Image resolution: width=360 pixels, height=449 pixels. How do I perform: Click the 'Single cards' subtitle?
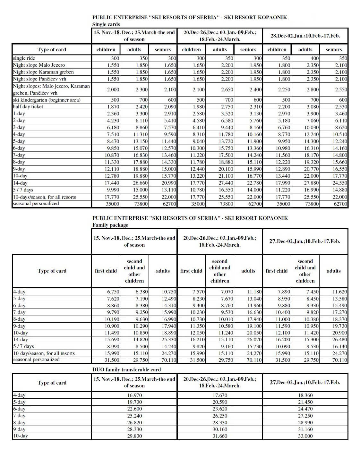(x=106, y=24)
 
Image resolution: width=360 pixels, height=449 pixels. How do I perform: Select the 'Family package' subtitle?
(x=110, y=225)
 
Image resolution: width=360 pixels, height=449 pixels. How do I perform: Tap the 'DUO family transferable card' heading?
(x=126, y=369)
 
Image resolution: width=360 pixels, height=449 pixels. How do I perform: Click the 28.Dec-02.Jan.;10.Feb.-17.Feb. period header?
(x=305, y=36)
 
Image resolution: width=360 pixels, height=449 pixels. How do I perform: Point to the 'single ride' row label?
(x=24, y=58)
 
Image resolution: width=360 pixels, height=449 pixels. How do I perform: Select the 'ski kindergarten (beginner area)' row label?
(x=47, y=100)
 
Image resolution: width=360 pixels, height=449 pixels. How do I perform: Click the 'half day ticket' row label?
(x=28, y=107)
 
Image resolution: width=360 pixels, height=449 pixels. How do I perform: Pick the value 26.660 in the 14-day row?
(x=141, y=183)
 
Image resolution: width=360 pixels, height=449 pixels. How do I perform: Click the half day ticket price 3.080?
(x=312, y=107)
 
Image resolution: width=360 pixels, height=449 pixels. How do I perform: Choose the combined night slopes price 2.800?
(x=312, y=90)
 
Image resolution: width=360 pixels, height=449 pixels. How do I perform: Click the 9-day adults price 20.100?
(x=226, y=169)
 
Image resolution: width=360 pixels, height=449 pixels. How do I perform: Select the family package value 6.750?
(x=113, y=292)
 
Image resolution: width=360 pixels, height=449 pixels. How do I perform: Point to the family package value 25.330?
(x=169, y=340)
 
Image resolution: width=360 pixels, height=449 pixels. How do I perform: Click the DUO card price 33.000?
(x=305, y=436)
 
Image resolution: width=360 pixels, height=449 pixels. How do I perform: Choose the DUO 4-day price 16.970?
(x=134, y=395)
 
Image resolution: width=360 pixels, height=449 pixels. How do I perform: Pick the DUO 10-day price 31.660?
(x=220, y=436)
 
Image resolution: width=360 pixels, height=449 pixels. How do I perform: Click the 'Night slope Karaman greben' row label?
(x=43, y=72)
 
